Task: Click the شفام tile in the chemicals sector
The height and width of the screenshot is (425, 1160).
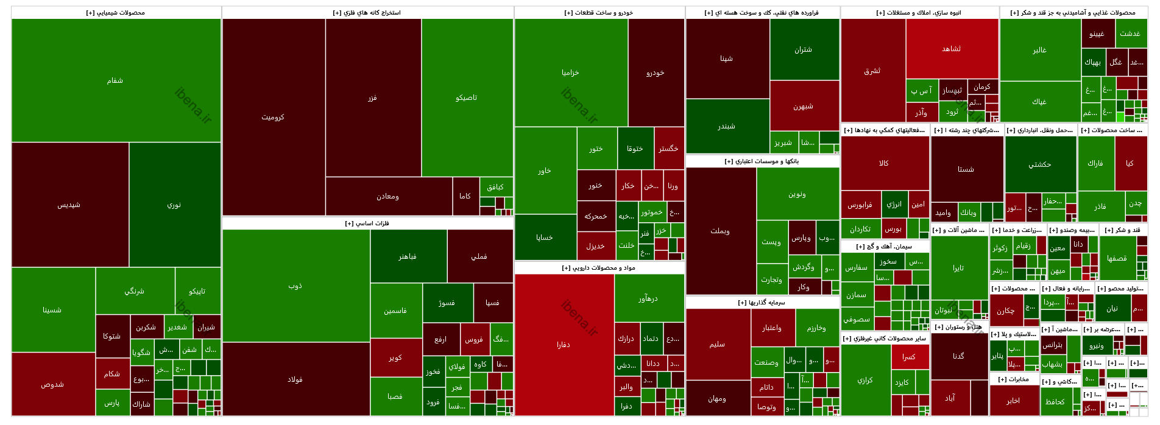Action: pyautogui.click(x=116, y=80)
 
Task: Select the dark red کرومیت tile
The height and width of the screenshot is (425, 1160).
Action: pyautogui.click(x=273, y=117)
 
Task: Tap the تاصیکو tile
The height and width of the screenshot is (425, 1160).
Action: pyautogui.click(x=467, y=97)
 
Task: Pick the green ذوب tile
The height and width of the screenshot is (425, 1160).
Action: pyautogui.click(x=295, y=286)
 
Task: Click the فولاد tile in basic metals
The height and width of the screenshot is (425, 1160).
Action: pyautogui.click(x=295, y=379)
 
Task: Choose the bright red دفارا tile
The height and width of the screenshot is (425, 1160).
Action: pyautogui.click(x=564, y=345)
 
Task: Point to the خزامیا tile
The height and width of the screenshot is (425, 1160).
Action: pyautogui.click(x=571, y=72)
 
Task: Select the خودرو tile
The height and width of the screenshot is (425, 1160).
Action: pyautogui.click(x=656, y=72)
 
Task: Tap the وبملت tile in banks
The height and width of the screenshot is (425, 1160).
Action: pyautogui.click(x=720, y=231)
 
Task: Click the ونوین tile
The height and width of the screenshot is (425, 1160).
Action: pyautogui.click(x=797, y=194)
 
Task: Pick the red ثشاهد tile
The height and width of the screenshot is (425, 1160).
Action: pyautogui.click(x=952, y=49)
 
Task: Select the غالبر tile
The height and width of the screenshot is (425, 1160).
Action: pyautogui.click(x=1040, y=50)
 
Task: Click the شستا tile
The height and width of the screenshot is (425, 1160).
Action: pyautogui.click(x=966, y=169)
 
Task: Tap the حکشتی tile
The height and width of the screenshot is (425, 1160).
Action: pyautogui.click(x=1040, y=164)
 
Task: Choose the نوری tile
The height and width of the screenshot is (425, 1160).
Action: pyautogui.click(x=174, y=205)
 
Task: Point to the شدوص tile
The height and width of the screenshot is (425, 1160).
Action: pyautogui.click(x=52, y=384)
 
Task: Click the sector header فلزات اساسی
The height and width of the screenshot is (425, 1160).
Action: pyautogui.click(x=367, y=223)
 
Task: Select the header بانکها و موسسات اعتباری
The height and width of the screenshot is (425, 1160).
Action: pyautogui.click(x=762, y=161)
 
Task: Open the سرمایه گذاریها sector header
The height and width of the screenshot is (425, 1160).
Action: pyautogui.click(x=762, y=303)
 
